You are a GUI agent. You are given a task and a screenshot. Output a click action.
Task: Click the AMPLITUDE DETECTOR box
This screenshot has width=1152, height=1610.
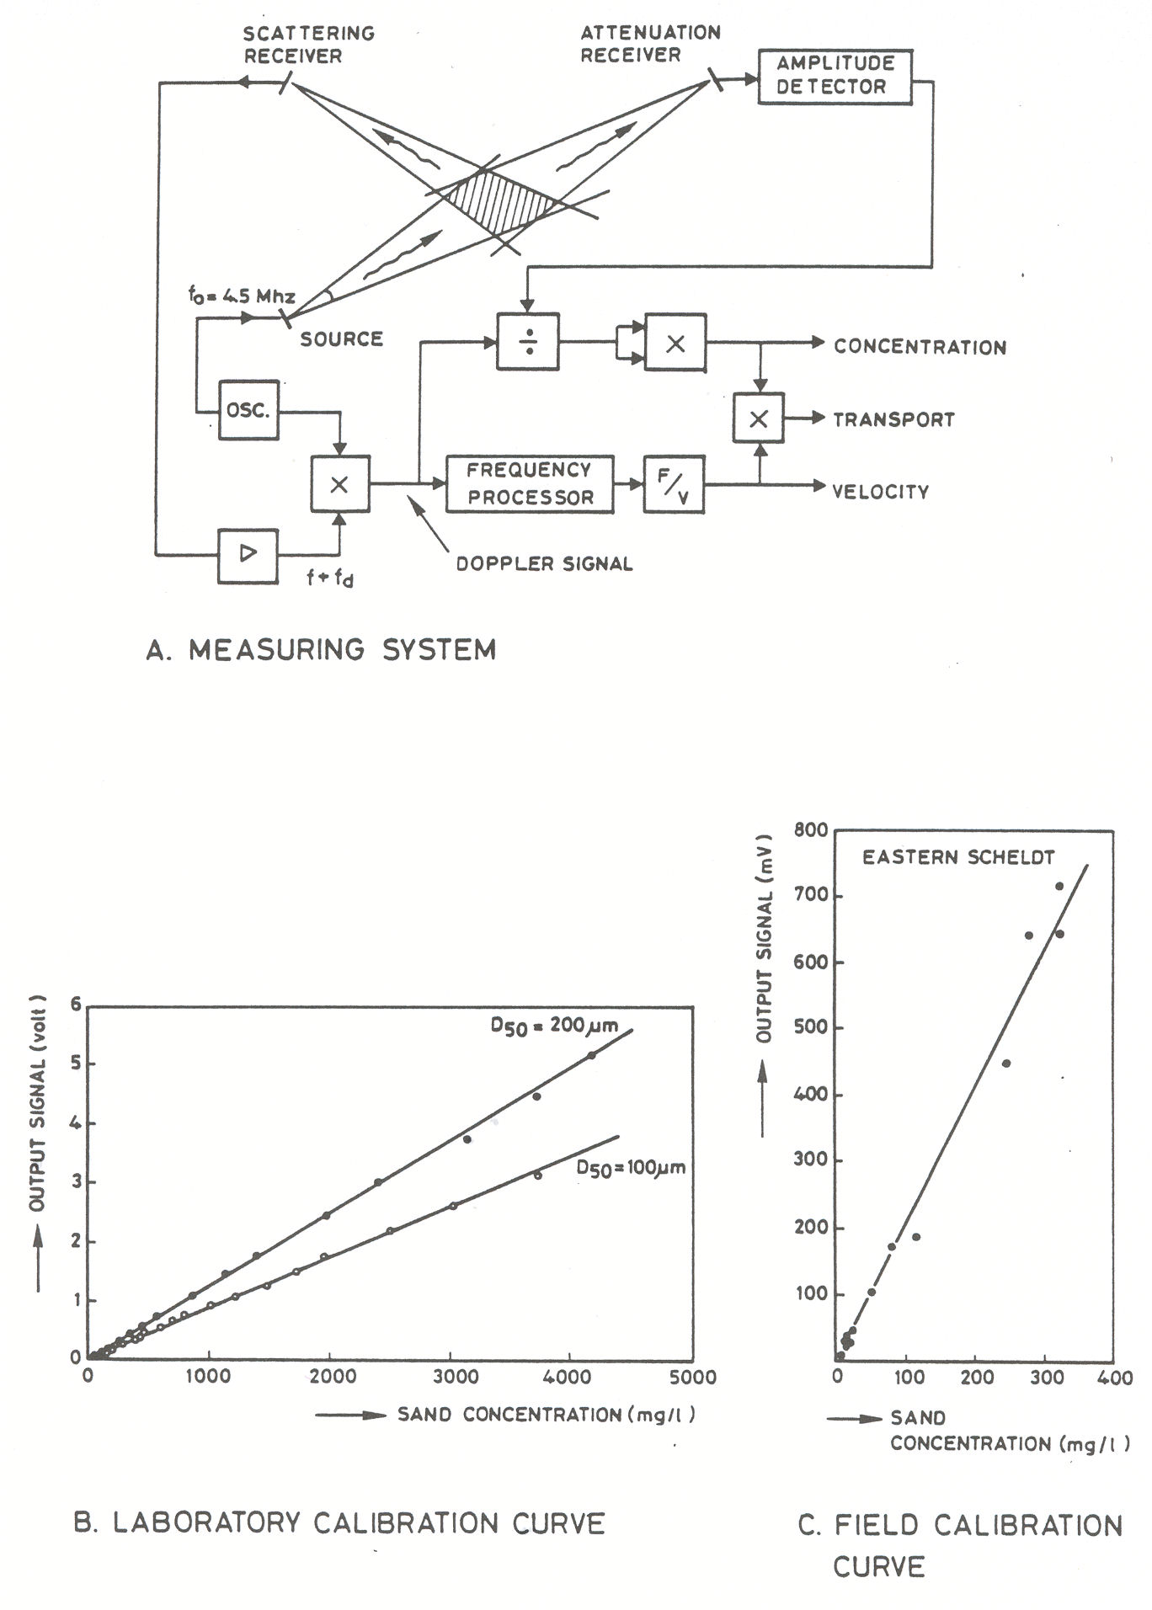click(x=835, y=76)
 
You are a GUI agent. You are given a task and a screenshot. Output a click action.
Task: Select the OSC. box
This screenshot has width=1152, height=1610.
click(x=248, y=410)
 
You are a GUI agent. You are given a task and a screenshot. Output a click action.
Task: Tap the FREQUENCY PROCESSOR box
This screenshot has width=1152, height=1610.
click(x=530, y=483)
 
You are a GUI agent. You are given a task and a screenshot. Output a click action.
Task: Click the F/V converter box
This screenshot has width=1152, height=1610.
click(x=674, y=484)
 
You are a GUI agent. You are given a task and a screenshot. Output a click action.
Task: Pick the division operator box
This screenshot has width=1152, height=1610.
click(x=528, y=342)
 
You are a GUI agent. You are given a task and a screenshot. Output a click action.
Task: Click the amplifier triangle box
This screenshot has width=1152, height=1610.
click(x=248, y=554)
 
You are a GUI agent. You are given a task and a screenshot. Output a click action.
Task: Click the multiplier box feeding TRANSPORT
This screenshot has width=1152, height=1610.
click(x=759, y=418)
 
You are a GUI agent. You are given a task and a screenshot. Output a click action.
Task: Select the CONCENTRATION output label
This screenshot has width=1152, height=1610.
click(x=920, y=347)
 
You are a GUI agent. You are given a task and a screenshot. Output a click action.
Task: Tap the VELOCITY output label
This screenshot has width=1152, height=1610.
click(x=880, y=491)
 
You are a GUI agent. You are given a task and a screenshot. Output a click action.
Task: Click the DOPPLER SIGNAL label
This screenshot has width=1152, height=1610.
click(x=544, y=563)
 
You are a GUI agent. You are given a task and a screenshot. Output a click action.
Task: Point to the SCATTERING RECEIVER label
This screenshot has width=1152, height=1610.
click(x=308, y=45)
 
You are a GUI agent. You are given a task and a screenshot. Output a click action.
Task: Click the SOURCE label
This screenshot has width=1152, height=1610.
click(x=341, y=339)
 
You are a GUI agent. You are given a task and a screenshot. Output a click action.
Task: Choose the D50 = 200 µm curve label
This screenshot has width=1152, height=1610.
click(x=555, y=1025)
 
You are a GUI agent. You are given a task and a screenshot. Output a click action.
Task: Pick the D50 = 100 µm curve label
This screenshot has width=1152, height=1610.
click(x=631, y=1168)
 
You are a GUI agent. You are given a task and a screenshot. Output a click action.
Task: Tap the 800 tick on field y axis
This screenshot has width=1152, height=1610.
click(x=810, y=830)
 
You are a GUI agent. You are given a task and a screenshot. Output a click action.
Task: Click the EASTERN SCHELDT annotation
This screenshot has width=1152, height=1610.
click(x=958, y=857)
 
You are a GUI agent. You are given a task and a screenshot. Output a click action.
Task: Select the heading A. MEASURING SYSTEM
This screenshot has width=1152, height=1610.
click(x=321, y=649)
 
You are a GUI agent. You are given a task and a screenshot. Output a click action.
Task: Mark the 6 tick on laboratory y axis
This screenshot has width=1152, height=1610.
click(x=76, y=1005)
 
